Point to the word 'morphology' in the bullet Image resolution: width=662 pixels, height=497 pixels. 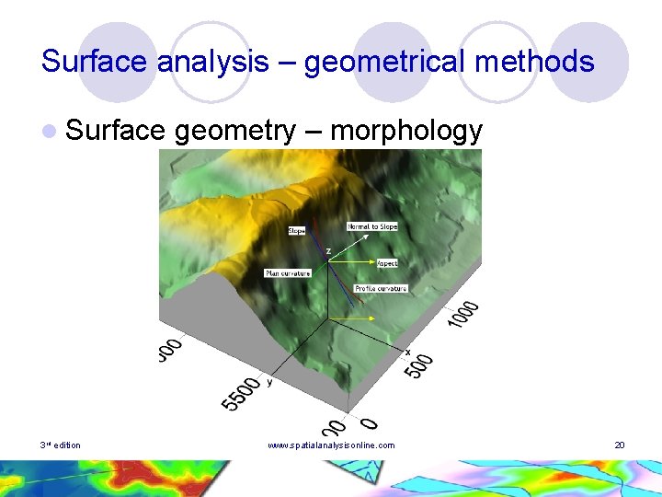click(405, 132)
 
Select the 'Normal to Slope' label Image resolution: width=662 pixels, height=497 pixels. click(372, 226)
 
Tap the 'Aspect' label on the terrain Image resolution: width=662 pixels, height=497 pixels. click(387, 263)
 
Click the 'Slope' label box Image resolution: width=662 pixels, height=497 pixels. click(296, 231)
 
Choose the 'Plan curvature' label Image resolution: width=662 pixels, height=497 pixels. click(288, 273)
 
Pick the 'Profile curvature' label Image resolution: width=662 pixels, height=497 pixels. click(381, 288)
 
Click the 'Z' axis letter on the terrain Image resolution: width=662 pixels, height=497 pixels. click(328, 250)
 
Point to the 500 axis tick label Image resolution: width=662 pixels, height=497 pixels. click(420, 364)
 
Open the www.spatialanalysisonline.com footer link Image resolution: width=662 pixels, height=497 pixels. click(331, 445)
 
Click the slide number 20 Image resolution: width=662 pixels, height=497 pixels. click(620, 445)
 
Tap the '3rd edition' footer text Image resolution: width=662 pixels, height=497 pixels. click(60, 445)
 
